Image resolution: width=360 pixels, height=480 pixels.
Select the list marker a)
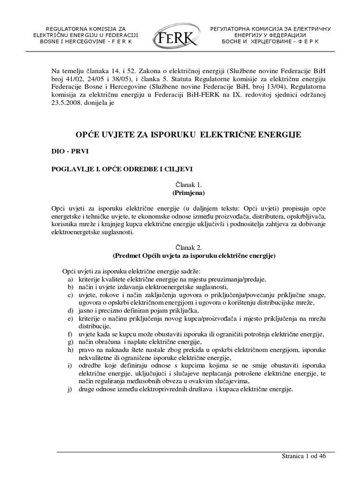click(x=70, y=279)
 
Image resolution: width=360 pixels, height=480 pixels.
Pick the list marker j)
click(x=70, y=389)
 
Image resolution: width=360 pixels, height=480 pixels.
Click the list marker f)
click(x=70, y=334)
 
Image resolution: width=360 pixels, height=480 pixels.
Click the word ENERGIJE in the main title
click(x=281, y=135)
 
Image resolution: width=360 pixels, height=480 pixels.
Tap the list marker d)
click(x=70, y=310)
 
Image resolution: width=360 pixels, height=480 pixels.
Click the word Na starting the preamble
click(x=56, y=70)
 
